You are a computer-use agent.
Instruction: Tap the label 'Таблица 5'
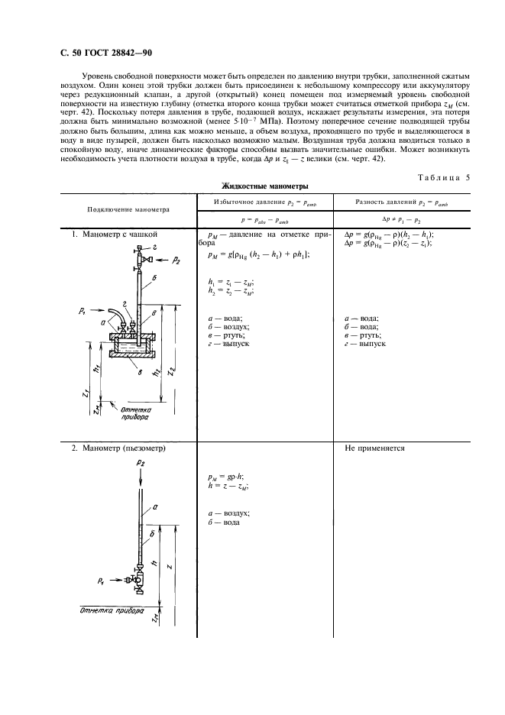point(431,177)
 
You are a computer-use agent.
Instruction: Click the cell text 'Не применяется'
point(375,448)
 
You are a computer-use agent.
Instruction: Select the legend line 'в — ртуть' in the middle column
point(225,335)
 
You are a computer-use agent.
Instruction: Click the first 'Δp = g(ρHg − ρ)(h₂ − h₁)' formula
point(390,234)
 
